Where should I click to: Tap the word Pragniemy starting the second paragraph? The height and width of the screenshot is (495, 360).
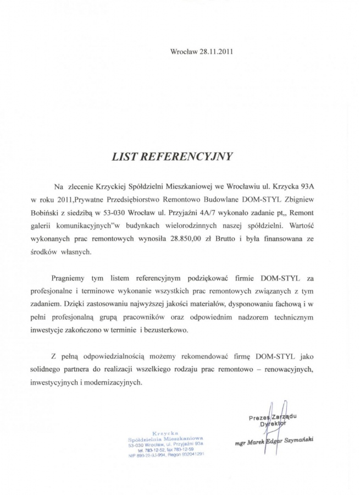70,278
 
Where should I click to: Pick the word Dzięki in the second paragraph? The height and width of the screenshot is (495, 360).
75,304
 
